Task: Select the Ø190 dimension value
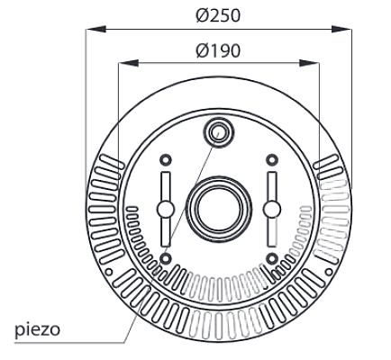(x=218, y=50)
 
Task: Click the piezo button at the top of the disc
(x=218, y=132)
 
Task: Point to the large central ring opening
(x=218, y=207)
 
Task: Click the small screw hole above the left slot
(x=165, y=159)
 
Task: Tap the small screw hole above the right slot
(x=271, y=159)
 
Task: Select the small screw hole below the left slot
(x=165, y=258)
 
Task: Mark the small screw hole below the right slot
(x=271, y=258)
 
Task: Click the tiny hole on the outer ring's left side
(x=109, y=269)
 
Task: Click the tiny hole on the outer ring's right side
(x=327, y=269)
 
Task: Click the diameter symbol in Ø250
(x=200, y=16)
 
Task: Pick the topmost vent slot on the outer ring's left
(x=108, y=162)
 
